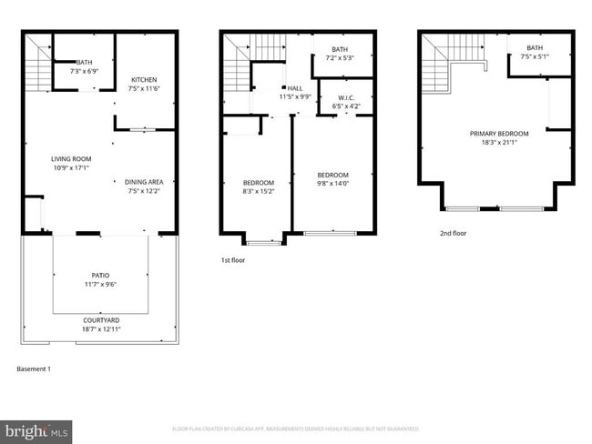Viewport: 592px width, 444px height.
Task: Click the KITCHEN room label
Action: (144, 77)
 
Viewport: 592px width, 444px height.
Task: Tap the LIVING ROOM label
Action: (70, 159)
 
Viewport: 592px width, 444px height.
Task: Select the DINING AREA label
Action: (144, 182)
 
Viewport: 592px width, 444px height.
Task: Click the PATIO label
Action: (100, 275)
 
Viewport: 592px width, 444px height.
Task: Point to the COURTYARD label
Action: (100, 320)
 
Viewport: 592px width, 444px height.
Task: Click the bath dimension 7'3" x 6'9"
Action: (84, 70)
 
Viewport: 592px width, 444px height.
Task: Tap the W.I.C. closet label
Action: (346, 97)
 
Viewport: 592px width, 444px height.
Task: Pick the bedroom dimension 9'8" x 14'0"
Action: (332, 184)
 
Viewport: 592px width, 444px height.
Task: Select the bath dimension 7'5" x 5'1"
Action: (535, 56)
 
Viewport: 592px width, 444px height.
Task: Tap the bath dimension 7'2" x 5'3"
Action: (340, 58)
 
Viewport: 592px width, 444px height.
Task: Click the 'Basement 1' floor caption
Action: (35, 369)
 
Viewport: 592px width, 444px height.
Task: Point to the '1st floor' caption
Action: (232, 260)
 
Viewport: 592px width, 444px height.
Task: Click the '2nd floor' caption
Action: (454, 233)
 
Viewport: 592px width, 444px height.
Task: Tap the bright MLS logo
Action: (36, 429)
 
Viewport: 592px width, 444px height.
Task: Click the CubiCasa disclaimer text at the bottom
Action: (296, 429)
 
